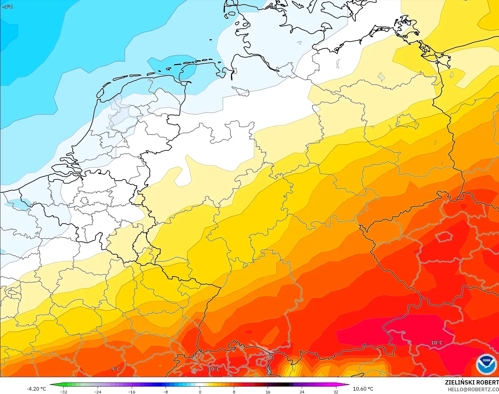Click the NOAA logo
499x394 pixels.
pyautogui.click(x=486, y=364)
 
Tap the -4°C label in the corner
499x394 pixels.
pyautogui.click(x=7, y=7)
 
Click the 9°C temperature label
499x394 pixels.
pyautogui.click(x=116, y=369)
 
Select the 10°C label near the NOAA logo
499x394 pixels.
pyautogui.click(x=437, y=343)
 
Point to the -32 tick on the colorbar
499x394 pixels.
pyautogui.click(x=64, y=392)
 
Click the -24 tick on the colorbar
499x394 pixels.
pyautogui.click(x=98, y=392)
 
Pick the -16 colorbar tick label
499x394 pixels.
pyautogui.click(x=132, y=392)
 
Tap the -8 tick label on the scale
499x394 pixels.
pyautogui.click(x=166, y=392)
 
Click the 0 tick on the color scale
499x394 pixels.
pyautogui.click(x=200, y=392)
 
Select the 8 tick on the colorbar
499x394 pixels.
pyautogui.click(x=234, y=392)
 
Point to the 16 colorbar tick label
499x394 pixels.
pyautogui.click(x=268, y=392)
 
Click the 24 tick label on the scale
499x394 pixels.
pyautogui.click(x=302, y=392)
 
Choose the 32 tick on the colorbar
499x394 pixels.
pyautogui.click(x=336, y=392)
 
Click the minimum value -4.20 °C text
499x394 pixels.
pyautogui.click(x=36, y=389)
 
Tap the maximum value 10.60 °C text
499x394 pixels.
pyautogui.click(x=363, y=389)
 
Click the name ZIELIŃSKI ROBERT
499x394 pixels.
pyautogui.click(x=472, y=382)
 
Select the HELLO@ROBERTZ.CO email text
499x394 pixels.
pyautogui.click(x=473, y=389)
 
